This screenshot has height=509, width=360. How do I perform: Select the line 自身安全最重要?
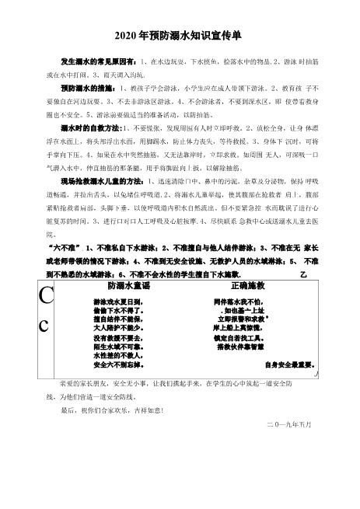288,364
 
